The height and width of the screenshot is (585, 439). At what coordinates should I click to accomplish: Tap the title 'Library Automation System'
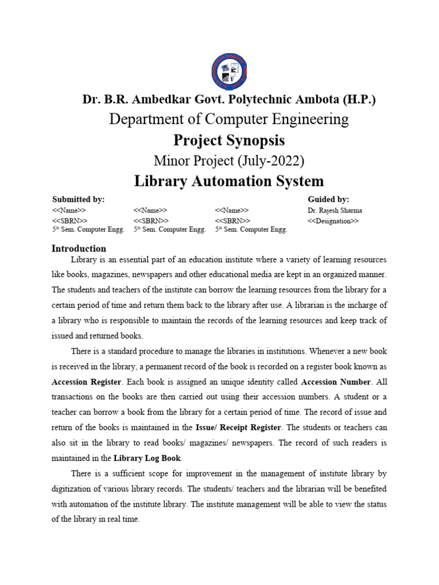pos(229,181)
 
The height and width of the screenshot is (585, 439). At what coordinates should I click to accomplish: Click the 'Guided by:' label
pos(328,199)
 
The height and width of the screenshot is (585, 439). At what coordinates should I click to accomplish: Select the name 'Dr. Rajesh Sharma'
pos(334,210)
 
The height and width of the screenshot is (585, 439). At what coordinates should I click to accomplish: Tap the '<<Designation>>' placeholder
pos(333,221)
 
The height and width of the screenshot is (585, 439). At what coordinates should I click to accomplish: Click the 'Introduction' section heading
pos(79,249)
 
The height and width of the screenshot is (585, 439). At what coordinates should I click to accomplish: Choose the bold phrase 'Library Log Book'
pos(147,458)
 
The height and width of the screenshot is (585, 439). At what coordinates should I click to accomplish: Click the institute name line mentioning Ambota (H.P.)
pos(229,99)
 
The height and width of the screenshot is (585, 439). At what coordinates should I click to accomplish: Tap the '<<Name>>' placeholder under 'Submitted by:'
pos(69,210)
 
